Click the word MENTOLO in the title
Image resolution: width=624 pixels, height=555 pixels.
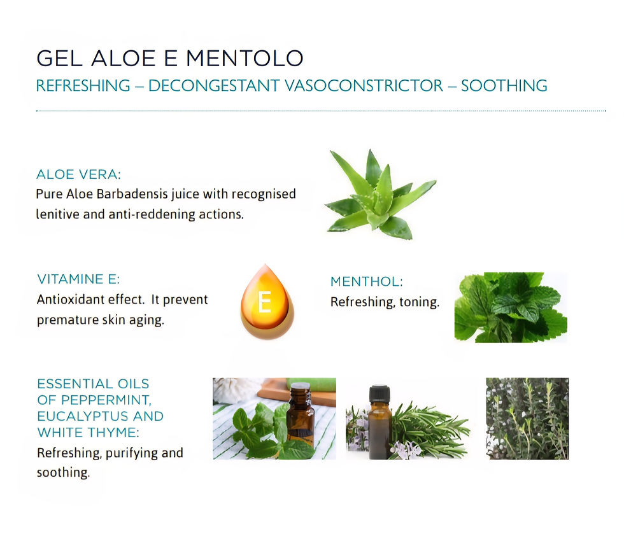tap(245, 58)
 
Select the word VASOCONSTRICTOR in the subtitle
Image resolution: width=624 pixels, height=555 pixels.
tap(364, 85)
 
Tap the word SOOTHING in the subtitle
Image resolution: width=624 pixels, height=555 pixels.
tap(504, 85)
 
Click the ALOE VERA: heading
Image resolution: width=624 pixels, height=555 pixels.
tap(78, 174)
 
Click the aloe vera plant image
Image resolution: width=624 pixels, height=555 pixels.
tap(380, 195)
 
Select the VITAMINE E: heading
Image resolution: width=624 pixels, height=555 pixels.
tap(78, 279)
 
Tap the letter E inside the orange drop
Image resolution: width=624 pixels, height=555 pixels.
tap(265, 302)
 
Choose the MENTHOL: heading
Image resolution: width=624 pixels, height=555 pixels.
tap(367, 281)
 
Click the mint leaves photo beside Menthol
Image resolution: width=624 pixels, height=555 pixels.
tap(511, 307)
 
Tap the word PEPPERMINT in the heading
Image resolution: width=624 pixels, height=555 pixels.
tap(106, 400)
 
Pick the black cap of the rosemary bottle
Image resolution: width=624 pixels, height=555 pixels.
tap(379, 393)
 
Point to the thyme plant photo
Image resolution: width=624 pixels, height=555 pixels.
tap(527, 419)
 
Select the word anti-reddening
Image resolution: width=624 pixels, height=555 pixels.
tap(152, 214)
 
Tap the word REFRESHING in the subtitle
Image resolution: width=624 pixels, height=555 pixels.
tap(83, 85)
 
